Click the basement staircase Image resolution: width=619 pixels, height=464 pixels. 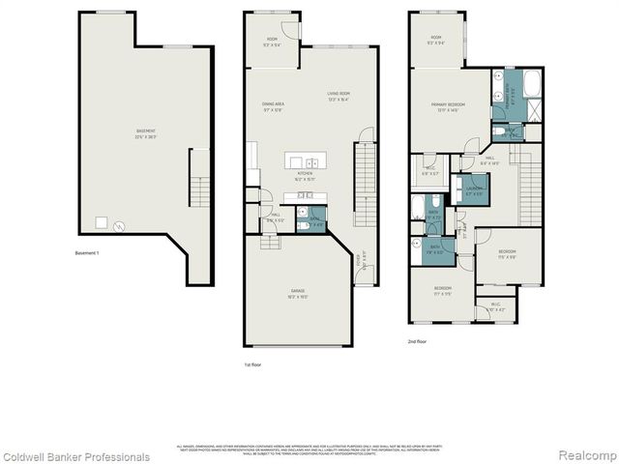[199, 179]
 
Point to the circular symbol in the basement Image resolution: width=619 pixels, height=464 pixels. [120, 225]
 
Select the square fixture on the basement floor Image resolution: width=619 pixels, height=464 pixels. [100, 222]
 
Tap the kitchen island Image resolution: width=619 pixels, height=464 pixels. [310, 160]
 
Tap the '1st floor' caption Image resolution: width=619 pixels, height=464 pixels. [253, 364]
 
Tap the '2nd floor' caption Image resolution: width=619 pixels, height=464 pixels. [418, 341]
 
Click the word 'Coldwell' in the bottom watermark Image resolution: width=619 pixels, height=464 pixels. [24, 456]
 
